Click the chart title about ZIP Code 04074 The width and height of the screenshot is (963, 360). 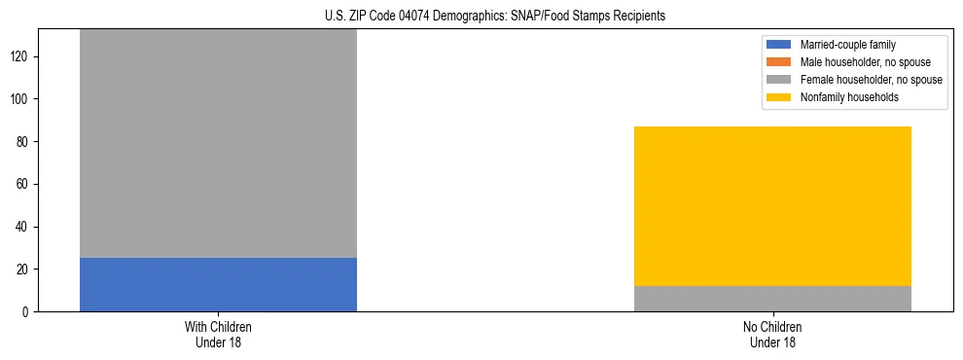[x=495, y=17]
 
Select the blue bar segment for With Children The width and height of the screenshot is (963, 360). [x=218, y=284]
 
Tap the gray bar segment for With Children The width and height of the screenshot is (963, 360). [x=218, y=143]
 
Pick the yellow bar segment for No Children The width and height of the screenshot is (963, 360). [x=772, y=206]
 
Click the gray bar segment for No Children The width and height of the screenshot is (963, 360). [x=772, y=299]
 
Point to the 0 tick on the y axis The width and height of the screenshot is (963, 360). [x=26, y=311]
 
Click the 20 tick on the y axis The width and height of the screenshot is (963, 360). [x=23, y=270]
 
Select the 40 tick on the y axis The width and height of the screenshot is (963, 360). [x=23, y=227]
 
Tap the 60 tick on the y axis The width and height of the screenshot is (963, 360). [x=23, y=184]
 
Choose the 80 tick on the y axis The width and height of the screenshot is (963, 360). [x=23, y=142]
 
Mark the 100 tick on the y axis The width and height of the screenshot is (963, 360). [x=20, y=99]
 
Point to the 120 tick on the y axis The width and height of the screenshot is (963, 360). [x=20, y=56]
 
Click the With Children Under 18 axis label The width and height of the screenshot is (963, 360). [x=218, y=334]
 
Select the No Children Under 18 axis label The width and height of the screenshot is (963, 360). [x=772, y=334]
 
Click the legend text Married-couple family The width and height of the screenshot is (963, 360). [x=848, y=45]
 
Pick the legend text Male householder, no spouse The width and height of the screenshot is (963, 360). [x=865, y=62]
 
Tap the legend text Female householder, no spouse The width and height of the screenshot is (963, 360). [x=871, y=80]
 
